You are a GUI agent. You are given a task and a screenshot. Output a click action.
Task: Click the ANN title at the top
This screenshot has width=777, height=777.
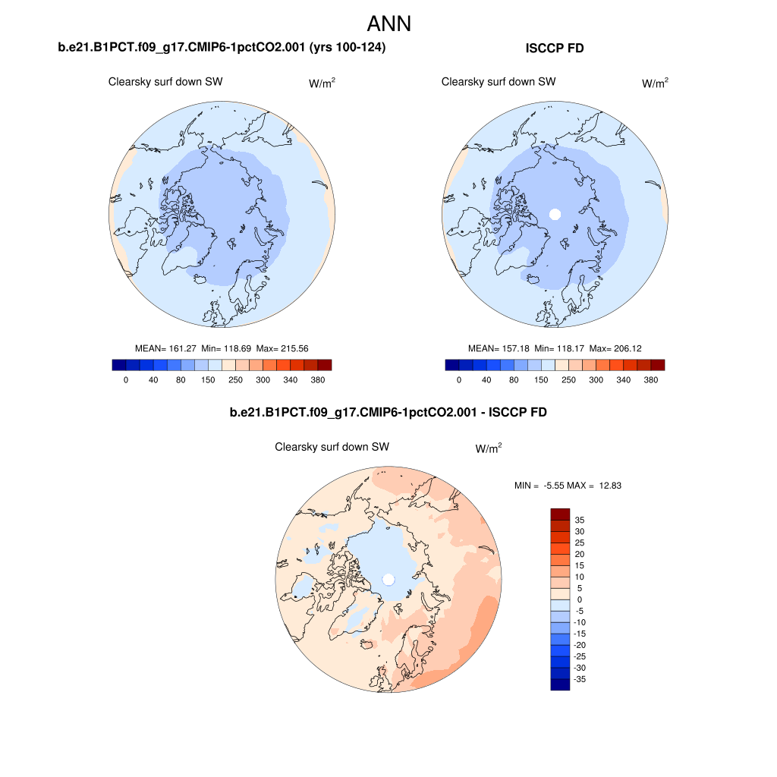(388, 24)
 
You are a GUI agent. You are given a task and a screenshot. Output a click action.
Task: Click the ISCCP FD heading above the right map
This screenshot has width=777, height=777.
(555, 49)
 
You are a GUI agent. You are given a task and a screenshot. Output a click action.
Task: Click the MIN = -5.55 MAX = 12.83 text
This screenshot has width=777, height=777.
(568, 486)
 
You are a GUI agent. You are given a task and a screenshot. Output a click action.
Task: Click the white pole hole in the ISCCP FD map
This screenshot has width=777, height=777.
(555, 214)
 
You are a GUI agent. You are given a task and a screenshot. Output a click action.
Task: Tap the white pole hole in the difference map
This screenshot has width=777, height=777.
(388, 580)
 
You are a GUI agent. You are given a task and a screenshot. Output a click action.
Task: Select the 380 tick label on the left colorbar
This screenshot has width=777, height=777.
(317, 380)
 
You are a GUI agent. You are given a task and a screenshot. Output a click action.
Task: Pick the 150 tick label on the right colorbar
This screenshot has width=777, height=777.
(541, 380)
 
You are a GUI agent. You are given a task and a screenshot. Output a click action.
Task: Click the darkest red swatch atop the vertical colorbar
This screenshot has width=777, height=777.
(560, 514)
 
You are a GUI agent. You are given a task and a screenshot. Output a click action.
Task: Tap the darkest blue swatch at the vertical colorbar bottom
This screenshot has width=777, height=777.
(560, 684)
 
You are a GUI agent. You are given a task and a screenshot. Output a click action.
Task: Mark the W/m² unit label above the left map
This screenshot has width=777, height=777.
(322, 83)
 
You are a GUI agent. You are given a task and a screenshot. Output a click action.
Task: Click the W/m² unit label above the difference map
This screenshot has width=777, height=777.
(489, 448)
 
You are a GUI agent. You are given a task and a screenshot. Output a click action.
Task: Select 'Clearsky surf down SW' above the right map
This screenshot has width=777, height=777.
(499, 82)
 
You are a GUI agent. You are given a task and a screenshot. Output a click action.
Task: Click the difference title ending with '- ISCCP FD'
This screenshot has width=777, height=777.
(388, 413)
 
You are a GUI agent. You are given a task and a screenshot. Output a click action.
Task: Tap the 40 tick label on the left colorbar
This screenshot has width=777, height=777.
(153, 380)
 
